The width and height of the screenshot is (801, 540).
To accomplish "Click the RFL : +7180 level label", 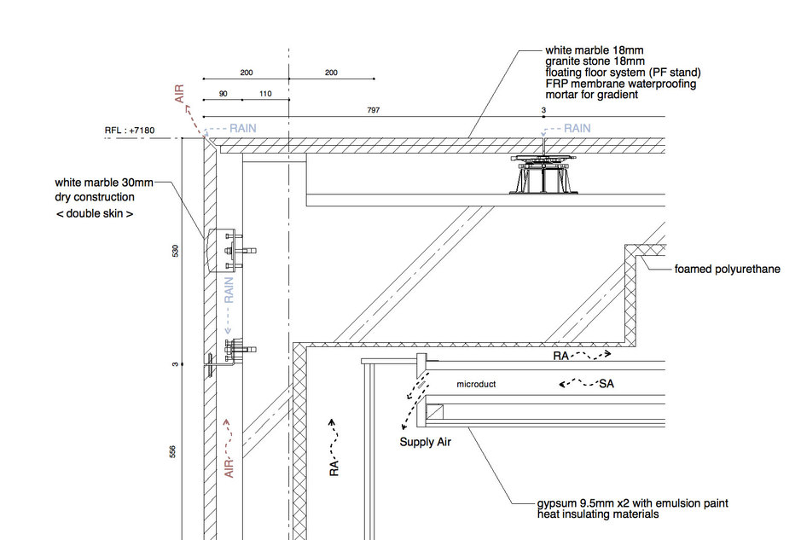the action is point(130,131).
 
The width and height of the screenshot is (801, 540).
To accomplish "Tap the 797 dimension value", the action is point(374,110).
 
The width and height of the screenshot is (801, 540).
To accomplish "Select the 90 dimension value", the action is point(223,94).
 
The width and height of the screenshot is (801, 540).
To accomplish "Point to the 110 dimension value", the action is point(265,94).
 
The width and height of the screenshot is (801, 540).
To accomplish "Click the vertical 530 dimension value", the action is point(175,251).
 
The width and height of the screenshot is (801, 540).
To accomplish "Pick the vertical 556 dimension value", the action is point(172,451).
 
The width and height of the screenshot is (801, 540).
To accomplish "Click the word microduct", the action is point(476,384).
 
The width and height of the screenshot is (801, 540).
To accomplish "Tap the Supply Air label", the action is point(425,442).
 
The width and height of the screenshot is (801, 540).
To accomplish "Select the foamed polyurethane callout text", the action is point(727,270).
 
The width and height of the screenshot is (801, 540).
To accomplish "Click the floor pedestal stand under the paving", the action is point(543,174).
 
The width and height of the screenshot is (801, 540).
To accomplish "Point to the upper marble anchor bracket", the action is point(231,250).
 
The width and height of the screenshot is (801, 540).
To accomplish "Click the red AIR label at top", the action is point(179,94).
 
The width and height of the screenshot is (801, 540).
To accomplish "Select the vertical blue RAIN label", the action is point(229,290).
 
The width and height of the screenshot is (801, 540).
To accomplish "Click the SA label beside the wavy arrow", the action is point(607,384).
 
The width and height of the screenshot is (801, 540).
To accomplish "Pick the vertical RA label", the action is point(334,467).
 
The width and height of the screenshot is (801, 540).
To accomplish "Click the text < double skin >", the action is point(95,213).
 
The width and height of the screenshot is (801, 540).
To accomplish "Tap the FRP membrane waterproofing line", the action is point(621,84).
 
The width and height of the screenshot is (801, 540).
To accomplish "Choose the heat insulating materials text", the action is point(598,514).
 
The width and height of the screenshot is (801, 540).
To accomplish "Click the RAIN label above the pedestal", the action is point(577,128).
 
